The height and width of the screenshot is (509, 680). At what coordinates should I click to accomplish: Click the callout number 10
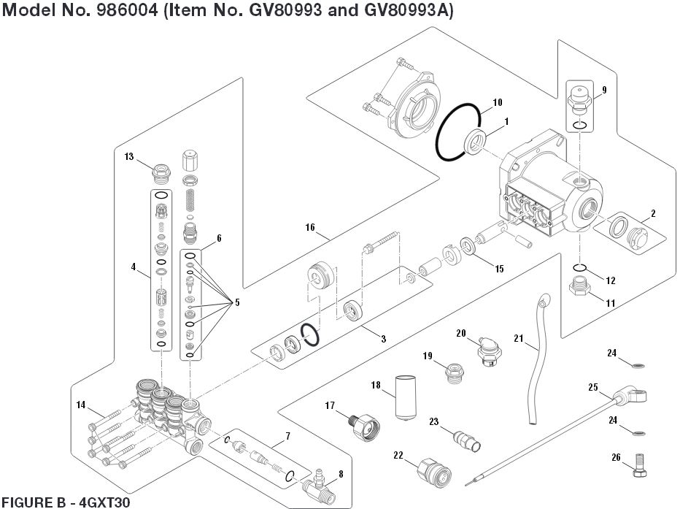498,102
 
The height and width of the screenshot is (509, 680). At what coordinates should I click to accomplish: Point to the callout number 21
519,337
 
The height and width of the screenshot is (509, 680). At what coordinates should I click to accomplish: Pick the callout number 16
310,228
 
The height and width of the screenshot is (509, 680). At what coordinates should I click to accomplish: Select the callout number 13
128,156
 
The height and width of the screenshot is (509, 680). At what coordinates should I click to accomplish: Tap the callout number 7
287,437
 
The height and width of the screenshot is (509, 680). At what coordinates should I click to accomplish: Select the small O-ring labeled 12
579,267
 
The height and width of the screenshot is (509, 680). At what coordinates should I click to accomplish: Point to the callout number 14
80,405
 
